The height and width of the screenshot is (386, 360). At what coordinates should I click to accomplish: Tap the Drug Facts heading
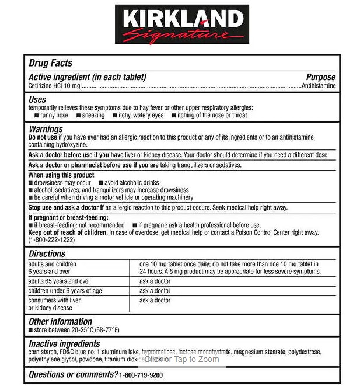(50, 63)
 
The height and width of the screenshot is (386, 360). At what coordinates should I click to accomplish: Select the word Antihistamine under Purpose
(319, 86)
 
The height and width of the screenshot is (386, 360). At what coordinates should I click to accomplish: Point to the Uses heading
(37, 100)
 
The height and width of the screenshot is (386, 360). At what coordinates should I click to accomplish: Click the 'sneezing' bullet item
(93, 116)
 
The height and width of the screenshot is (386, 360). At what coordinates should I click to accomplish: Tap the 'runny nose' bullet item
(54, 116)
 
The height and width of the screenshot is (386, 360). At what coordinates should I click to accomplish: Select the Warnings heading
(46, 129)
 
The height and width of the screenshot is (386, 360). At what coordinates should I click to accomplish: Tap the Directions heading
(47, 253)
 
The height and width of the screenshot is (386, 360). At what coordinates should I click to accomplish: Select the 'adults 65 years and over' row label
(60, 281)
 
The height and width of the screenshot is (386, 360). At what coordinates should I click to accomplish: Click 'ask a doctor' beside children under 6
(155, 291)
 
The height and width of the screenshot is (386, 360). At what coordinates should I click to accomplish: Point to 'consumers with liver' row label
(55, 300)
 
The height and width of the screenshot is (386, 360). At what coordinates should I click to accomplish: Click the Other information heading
(60, 321)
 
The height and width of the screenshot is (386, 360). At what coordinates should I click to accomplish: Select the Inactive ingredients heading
(64, 343)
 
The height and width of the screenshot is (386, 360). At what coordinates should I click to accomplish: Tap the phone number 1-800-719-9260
(141, 374)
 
